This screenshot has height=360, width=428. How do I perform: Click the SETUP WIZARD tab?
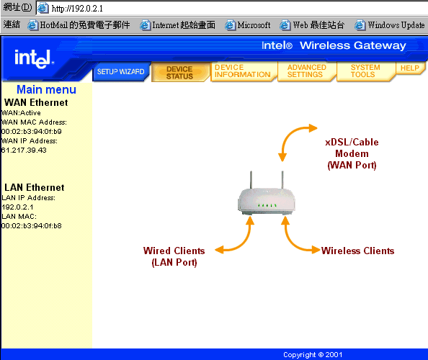121,72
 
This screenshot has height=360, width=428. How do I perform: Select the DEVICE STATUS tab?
180,73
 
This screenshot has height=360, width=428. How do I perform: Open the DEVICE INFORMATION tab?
243,71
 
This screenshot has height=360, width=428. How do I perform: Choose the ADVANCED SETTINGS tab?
306,71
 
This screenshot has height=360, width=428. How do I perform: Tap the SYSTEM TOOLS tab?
365,71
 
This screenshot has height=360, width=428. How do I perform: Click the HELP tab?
410,68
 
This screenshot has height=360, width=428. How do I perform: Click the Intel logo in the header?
34,58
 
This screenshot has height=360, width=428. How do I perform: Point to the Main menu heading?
46,90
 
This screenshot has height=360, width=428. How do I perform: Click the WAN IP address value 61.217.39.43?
24,150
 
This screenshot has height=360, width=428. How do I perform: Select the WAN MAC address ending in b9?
32,132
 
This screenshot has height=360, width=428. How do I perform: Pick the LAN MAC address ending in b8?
32,226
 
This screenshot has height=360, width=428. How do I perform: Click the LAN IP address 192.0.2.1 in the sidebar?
17,207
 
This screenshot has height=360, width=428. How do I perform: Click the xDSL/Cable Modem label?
352,153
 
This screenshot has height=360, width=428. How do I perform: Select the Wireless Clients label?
357,251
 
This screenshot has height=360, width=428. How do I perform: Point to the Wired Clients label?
174,256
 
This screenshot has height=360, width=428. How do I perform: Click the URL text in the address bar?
77,9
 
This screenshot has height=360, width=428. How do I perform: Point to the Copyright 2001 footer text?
313,354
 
